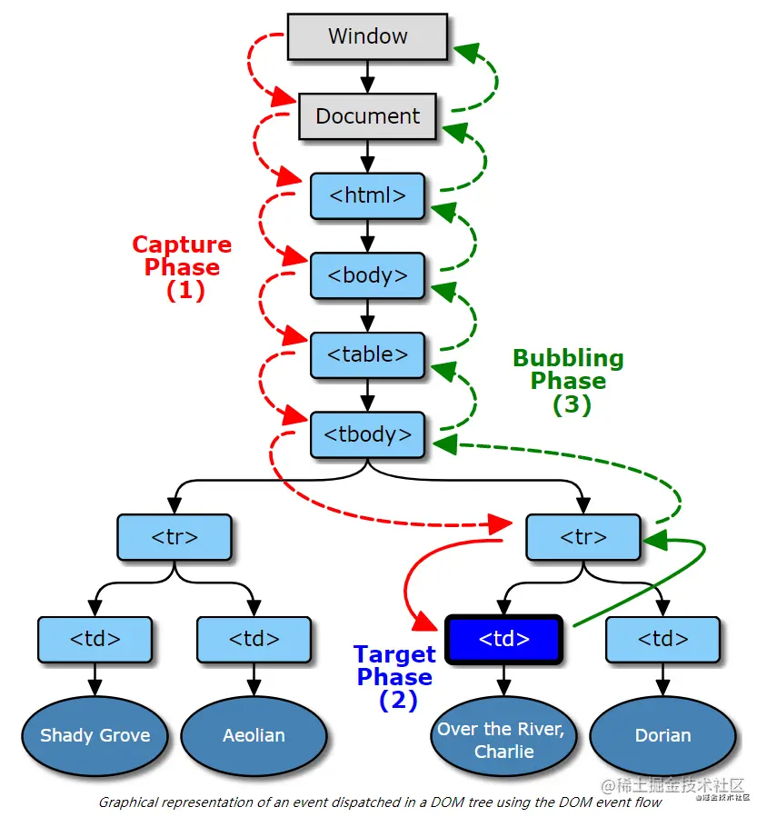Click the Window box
pos(367,37)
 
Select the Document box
pos(367,116)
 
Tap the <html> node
pos(367,195)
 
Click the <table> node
pos(367,354)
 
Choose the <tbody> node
pos(367,434)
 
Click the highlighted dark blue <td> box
pos(503,639)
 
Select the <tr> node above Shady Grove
pos(174,536)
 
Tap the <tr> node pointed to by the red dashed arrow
pos(583,536)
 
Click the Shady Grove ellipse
pos(95,735)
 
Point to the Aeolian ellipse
pos(254,735)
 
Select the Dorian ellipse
pos(662,735)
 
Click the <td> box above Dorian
pos(662,639)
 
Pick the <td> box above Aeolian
pos(254,639)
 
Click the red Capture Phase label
pos(182,267)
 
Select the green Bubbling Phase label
pos(568,381)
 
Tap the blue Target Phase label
pos(394,677)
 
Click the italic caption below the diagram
pos(380,802)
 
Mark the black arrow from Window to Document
pos(367,75)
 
